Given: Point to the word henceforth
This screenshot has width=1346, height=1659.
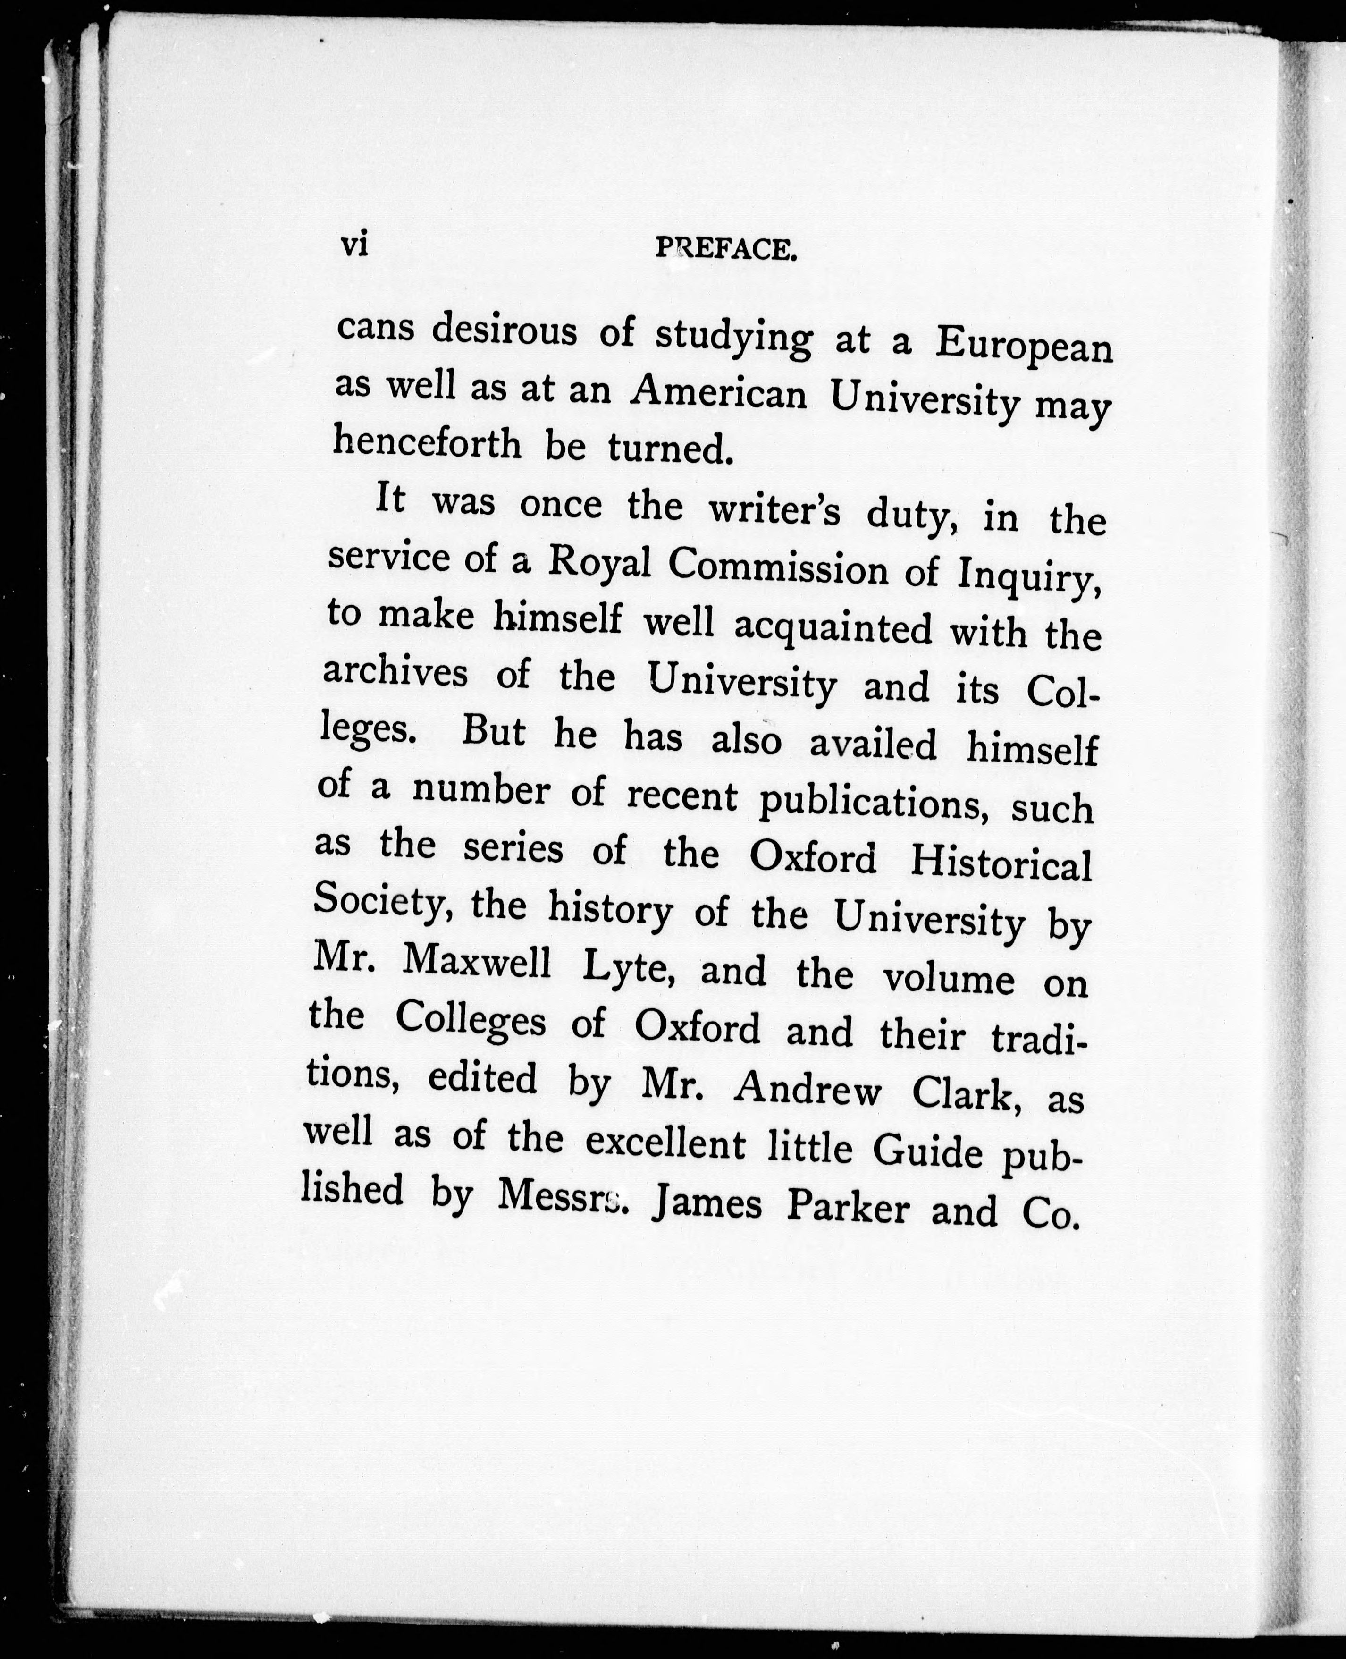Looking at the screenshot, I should pyautogui.click(x=427, y=444).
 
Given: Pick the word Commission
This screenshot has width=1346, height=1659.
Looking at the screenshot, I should pyautogui.click(x=778, y=569).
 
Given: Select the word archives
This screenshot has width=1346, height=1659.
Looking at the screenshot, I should pyautogui.click(x=395, y=672).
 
